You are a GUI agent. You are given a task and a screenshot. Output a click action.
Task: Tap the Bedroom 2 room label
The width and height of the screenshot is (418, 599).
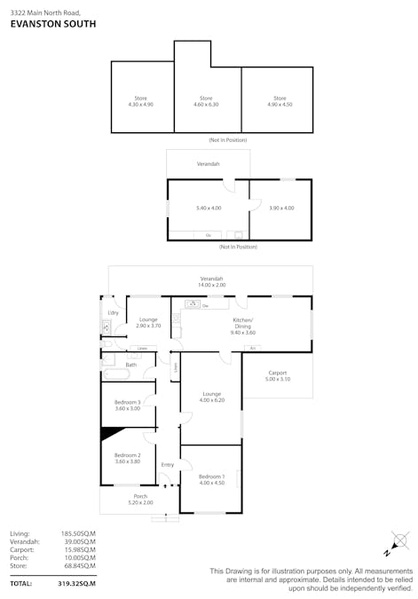click(x=128, y=458)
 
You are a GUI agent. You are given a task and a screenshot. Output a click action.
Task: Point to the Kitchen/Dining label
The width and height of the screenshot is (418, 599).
click(x=242, y=323)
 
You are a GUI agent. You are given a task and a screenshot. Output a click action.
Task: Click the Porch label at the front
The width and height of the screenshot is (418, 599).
click(x=140, y=499)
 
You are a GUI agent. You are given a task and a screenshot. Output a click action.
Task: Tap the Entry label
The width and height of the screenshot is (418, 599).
click(x=167, y=465)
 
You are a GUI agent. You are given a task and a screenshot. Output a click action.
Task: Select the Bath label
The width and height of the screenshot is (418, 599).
click(x=130, y=365)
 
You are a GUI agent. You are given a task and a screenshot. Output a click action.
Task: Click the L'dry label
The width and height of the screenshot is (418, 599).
click(x=113, y=313)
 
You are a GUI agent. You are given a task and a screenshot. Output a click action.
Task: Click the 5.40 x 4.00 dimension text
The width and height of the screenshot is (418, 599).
click(x=209, y=208)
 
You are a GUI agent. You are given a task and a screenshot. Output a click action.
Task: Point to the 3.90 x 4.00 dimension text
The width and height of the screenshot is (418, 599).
click(x=281, y=208)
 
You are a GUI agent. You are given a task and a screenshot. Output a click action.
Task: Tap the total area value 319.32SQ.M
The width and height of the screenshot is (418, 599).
click(x=76, y=584)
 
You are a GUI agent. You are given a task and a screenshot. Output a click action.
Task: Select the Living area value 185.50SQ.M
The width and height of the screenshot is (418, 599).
click(x=78, y=532)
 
